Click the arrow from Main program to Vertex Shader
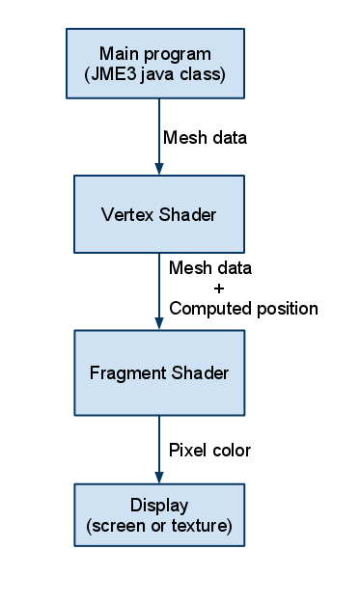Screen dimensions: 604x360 point(158,135)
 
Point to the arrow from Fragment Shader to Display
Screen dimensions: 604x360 point(158,449)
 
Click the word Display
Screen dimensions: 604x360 point(159,506)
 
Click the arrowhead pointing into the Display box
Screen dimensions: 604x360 point(158,478)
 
